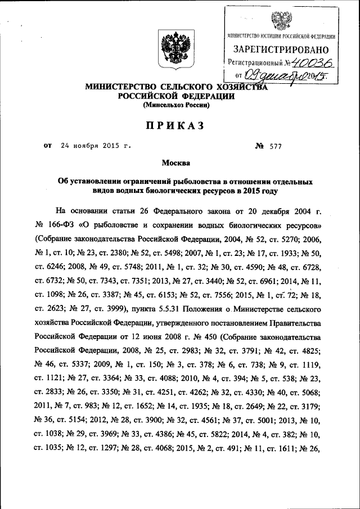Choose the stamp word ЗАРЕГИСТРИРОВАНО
281,49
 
